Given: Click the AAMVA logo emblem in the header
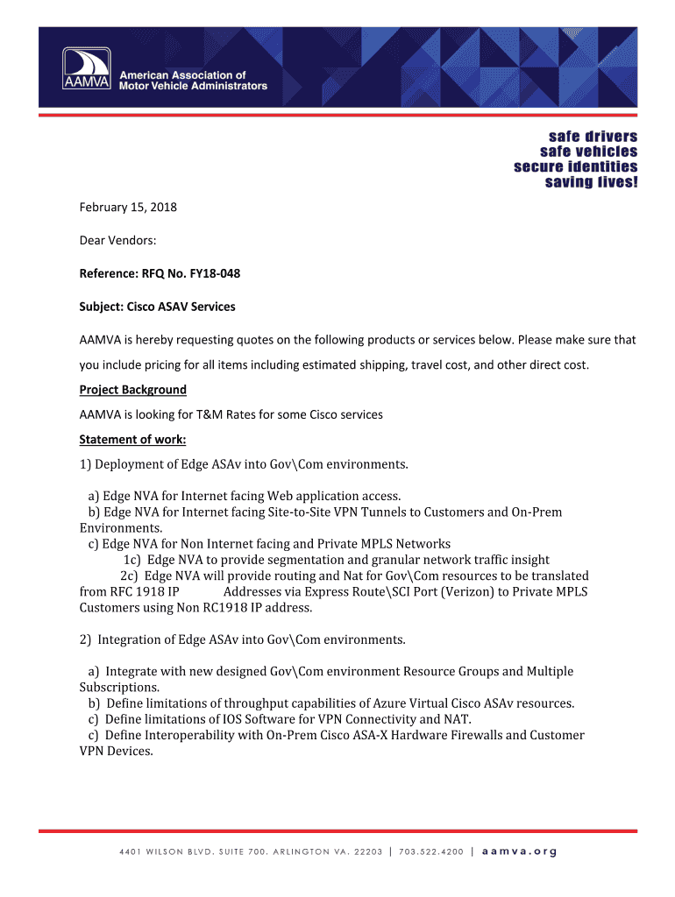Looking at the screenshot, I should click(86, 67).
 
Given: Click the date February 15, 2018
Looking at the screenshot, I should click(128, 207).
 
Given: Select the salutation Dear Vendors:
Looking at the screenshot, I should click(117, 240).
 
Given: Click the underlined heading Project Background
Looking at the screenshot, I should click(133, 390).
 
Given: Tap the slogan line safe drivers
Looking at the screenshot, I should click(593, 137).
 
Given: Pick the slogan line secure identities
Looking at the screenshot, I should click(576, 166).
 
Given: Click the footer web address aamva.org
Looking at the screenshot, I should click(520, 851).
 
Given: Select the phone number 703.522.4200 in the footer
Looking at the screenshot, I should click(430, 851).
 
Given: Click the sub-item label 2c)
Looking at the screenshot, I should click(130, 576).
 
